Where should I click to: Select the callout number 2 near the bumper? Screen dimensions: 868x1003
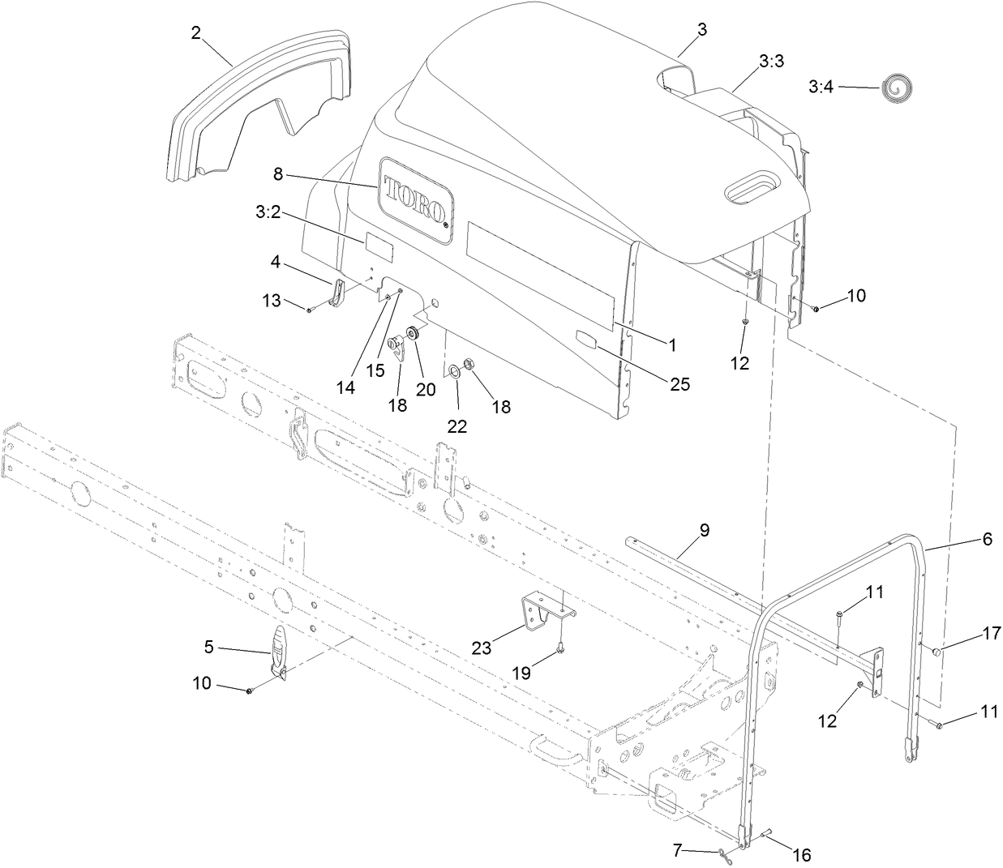point(196,32)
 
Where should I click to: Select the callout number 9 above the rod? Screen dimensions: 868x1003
point(704,531)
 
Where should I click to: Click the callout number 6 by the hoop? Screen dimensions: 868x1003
point(987,538)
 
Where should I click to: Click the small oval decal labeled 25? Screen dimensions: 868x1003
point(586,340)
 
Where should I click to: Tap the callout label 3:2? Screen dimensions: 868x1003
point(268,213)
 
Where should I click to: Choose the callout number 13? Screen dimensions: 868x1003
point(271,301)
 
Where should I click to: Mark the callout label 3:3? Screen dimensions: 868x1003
point(771,61)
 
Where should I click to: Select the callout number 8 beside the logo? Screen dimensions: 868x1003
point(277,173)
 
